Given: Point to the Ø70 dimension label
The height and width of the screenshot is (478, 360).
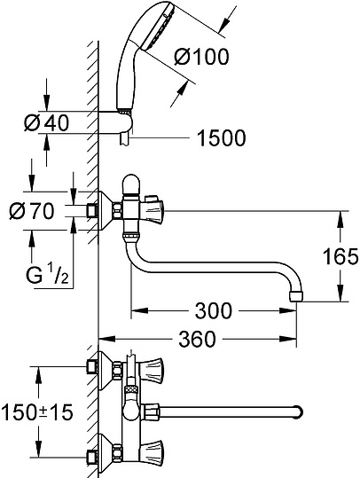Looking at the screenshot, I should coord(38,212).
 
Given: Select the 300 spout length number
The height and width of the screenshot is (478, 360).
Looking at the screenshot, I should coord(214,310).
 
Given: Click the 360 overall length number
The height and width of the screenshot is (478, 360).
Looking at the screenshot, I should coord(197,338).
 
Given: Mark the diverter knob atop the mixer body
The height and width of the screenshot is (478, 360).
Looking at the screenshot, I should coord(129,182).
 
